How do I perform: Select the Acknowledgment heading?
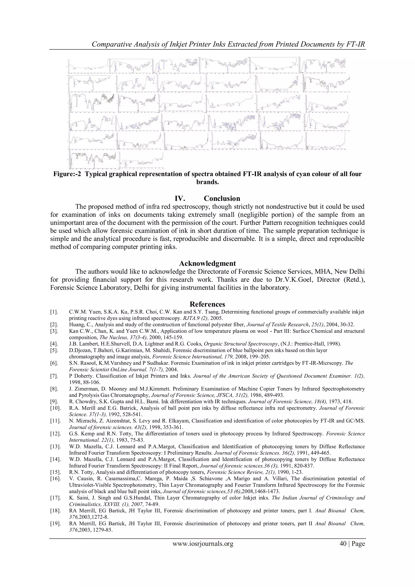(x=207, y=264)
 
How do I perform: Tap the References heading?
(x=207, y=304)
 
